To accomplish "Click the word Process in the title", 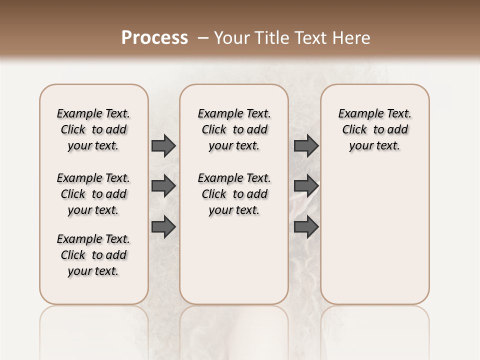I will point(154,38).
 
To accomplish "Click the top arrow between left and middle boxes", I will point(163,146).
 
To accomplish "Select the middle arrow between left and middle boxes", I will point(163,186).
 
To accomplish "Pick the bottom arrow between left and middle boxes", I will point(163,226).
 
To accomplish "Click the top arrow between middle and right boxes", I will point(306,146).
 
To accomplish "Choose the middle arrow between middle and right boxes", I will point(306,186).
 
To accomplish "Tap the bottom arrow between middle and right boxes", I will point(306,226).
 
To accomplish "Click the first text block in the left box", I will point(93,129).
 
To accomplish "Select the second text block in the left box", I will point(93,194).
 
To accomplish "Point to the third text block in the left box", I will point(93,255).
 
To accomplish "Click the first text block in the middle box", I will point(234,129).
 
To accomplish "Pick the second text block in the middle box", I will point(234,194).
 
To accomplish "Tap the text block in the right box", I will point(374,129).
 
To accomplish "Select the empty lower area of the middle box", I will point(234,260).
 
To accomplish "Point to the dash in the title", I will point(203,38).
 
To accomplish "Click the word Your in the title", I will point(231,38).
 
